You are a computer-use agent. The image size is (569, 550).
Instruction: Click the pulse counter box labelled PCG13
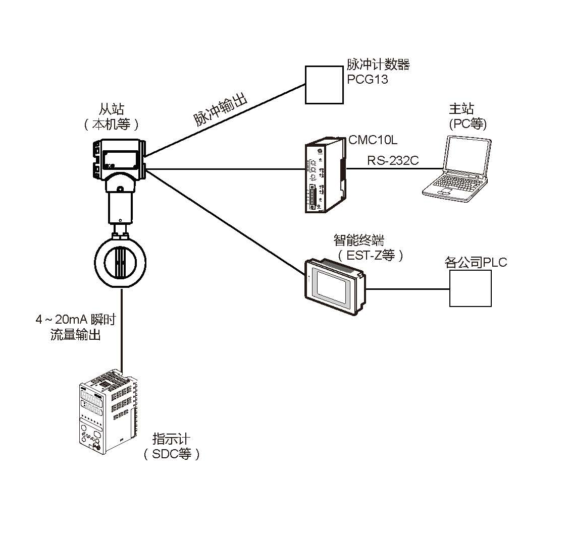pos(324,85)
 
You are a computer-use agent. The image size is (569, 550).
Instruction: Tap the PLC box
pos(470,288)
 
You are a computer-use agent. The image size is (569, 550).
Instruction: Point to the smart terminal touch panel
pos(334,283)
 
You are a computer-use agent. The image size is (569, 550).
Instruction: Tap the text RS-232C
pos(393,160)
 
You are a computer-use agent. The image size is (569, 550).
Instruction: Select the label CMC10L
pos(373,140)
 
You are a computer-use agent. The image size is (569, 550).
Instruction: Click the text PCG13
pos(367,79)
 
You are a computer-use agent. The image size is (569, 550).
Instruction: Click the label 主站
pos(461,109)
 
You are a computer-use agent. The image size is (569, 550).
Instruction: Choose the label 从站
pos(111,109)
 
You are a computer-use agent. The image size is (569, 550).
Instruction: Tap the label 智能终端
pos(358,239)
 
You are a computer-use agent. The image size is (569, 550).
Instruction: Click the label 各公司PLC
pos(475,262)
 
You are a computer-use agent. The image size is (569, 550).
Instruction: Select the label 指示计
pos(171,439)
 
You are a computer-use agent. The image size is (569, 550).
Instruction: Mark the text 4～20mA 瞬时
pos(75,320)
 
